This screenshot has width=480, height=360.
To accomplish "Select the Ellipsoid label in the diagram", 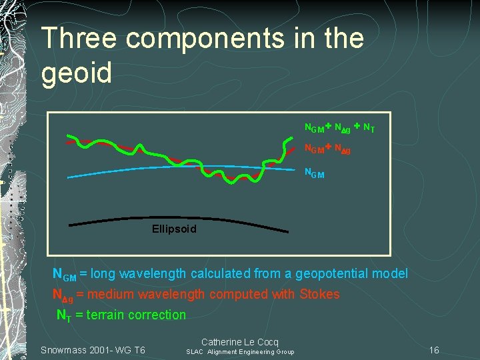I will tap(175, 229).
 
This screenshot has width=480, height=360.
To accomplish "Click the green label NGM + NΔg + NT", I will tap(339, 127).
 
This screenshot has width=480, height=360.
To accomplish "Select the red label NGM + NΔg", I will tap(327, 149).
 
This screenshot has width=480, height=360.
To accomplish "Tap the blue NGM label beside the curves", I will tap(315, 173).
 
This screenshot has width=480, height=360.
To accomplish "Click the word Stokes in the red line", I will tap(319, 294).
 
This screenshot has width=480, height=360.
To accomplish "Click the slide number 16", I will tap(434, 350).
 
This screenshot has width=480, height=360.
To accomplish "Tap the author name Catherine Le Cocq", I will tap(240, 341).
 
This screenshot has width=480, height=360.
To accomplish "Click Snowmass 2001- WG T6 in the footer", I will tap(93, 350).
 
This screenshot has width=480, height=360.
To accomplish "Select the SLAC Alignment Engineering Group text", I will tap(239, 352).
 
